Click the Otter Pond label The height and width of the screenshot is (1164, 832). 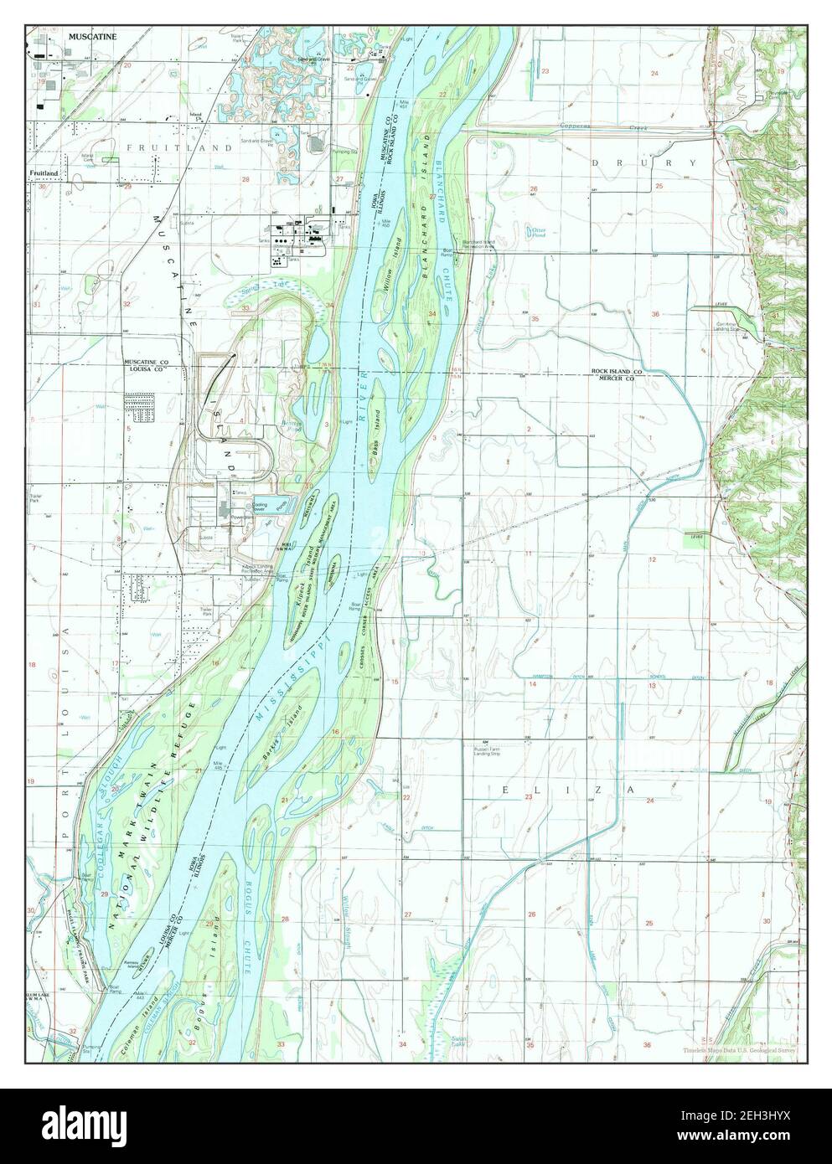(x=534, y=231)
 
